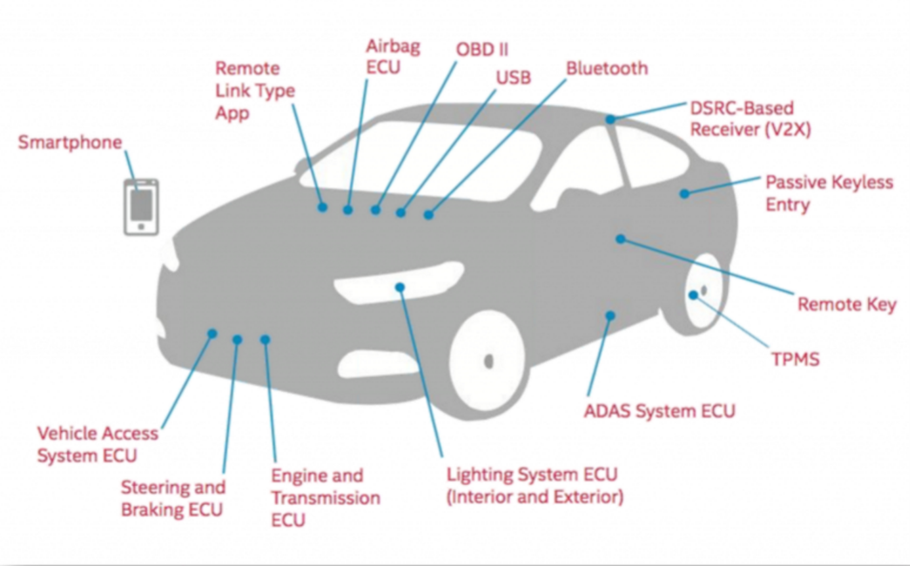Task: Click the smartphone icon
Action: tap(141, 207)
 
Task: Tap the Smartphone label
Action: tap(70, 142)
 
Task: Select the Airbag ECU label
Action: tap(393, 56)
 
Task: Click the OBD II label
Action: tap(482, 49)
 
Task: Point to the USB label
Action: tap(513, 78)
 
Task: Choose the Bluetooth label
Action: tap(607, 68)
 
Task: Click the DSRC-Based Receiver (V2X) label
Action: tap(750, 119)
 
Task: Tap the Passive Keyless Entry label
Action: tap(829, 193)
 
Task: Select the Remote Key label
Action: tap(846, 305)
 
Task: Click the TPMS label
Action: tap(794, 359)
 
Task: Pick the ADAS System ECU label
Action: tap(659, 411)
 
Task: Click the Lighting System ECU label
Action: tap(534, 485)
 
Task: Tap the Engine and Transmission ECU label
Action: tap(325, 498)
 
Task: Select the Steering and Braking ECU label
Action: tap(173, 498)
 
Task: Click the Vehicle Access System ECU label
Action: tap(97, 445)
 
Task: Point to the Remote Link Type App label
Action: tap(255, 91)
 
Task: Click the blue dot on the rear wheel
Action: tap(693, 295)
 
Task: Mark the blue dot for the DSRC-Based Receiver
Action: tap(610, 120)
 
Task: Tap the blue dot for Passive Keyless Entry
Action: tap(684, 194)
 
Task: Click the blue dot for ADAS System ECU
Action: tap(610, 316)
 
